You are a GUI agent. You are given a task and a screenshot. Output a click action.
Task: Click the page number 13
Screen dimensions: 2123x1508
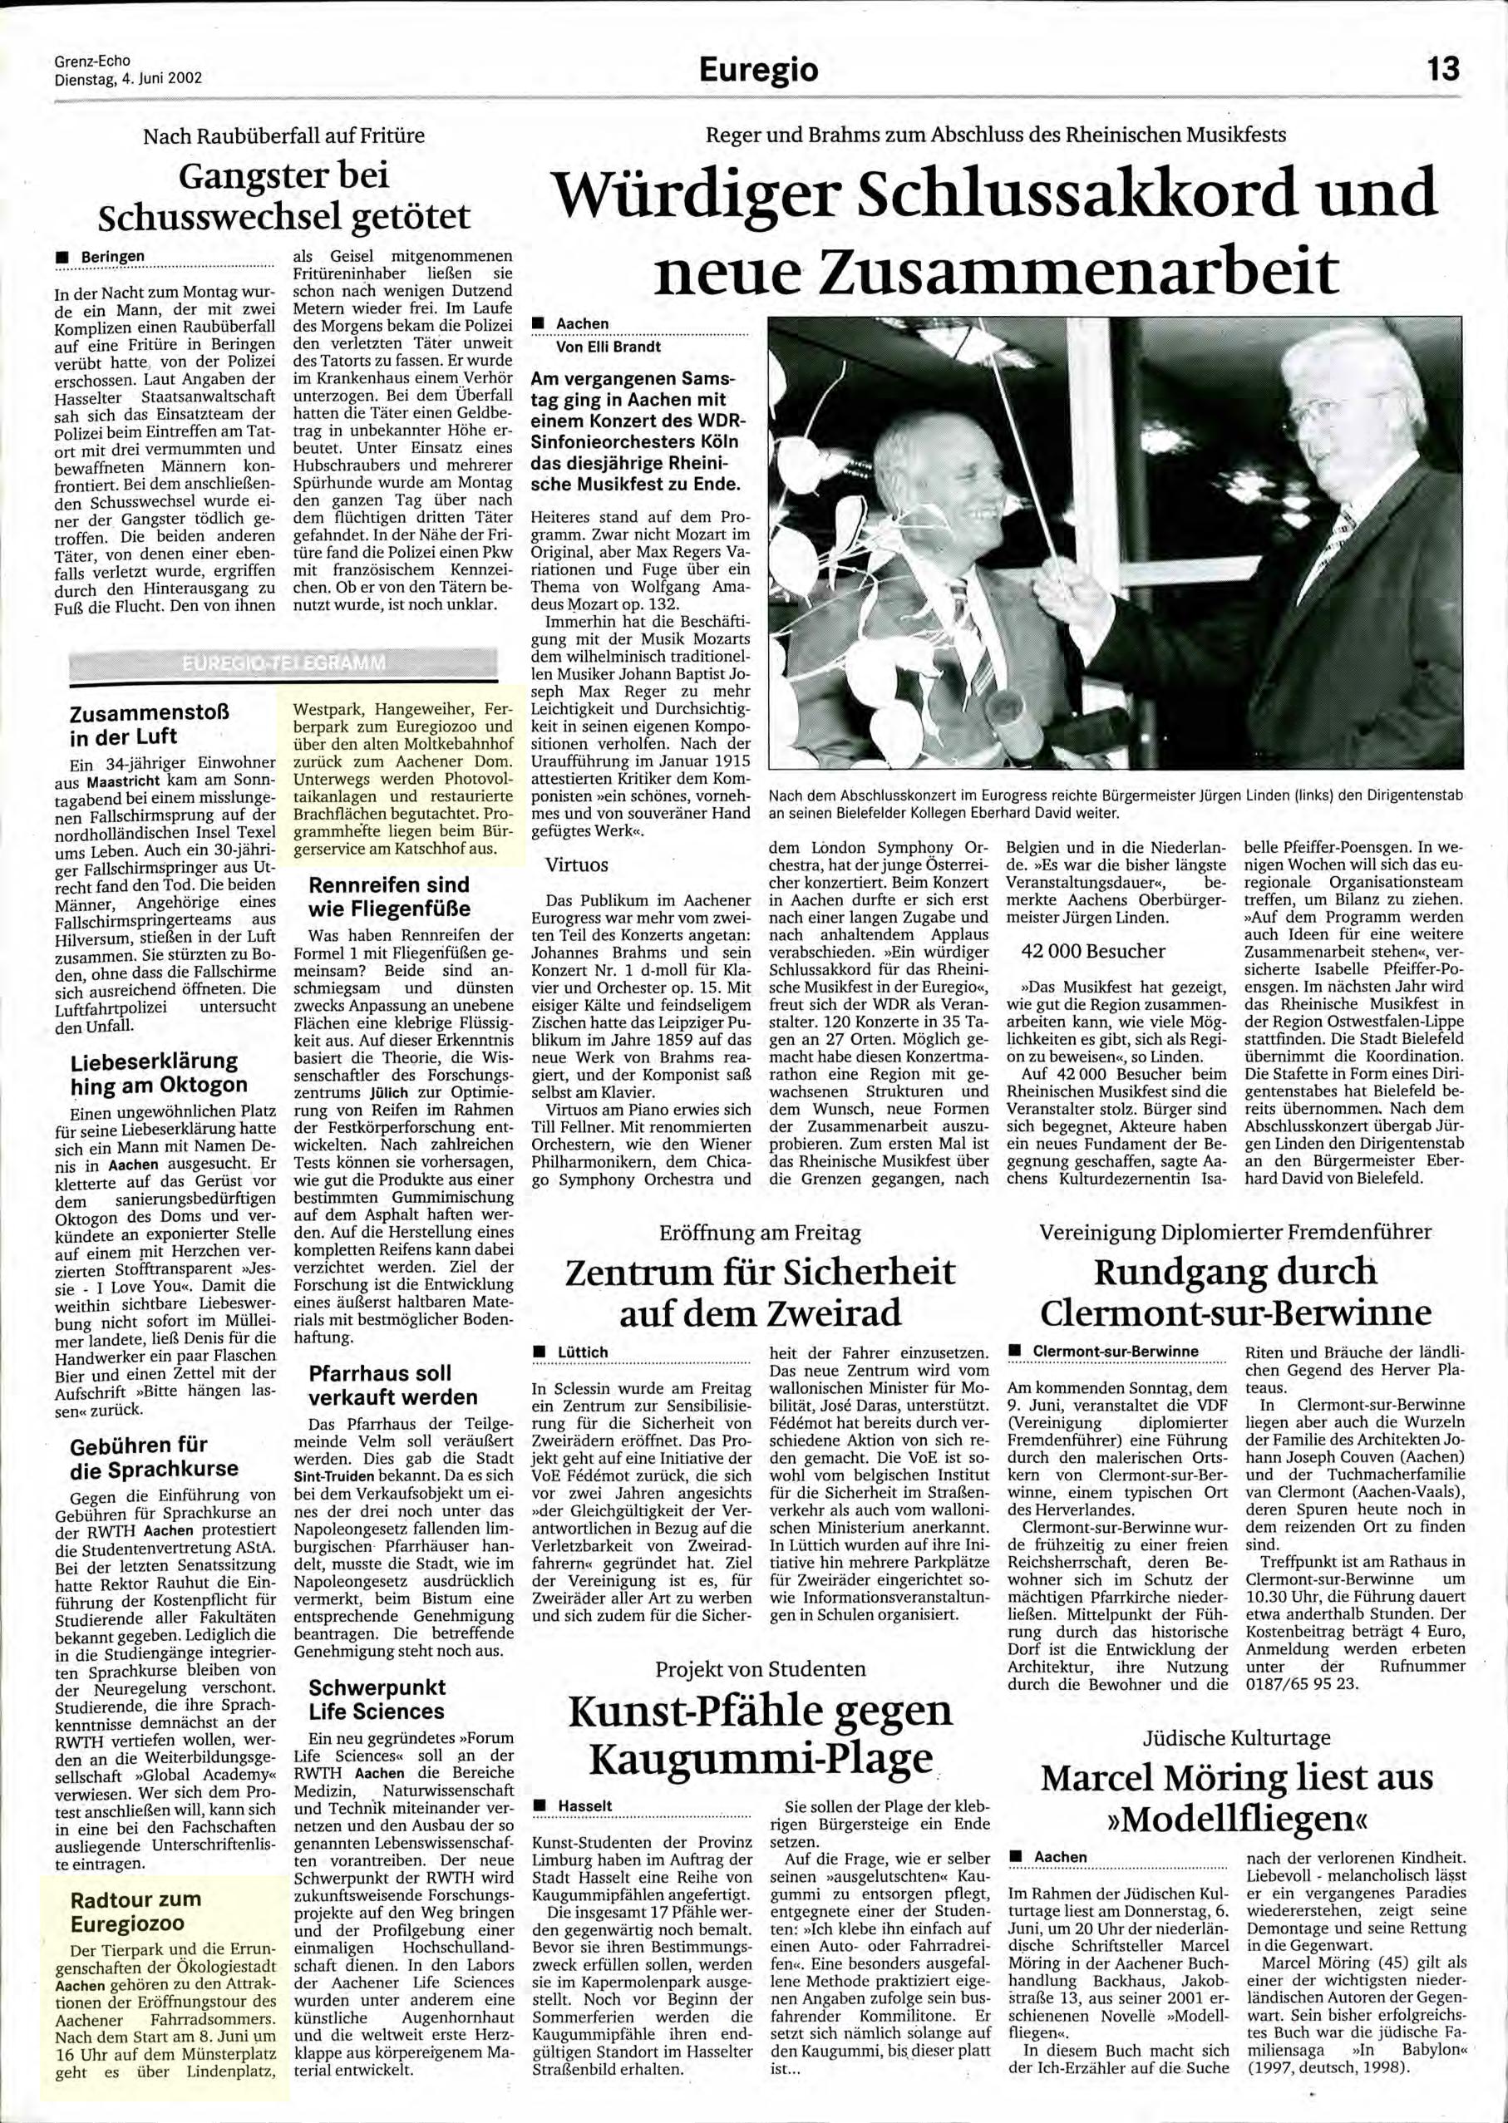coord(1444,69)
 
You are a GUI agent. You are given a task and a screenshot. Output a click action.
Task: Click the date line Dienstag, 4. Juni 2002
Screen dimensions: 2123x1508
coord(128,79)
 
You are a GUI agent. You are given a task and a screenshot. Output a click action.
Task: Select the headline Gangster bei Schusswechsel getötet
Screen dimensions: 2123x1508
coord(283,196)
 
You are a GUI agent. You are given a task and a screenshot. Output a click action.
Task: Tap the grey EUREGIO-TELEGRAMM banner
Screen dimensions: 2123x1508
coord(283,665)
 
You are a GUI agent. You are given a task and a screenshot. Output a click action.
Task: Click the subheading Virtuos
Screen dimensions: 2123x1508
coord(577,864)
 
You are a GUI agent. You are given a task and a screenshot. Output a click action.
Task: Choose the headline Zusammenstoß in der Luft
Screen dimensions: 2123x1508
coord(149,725)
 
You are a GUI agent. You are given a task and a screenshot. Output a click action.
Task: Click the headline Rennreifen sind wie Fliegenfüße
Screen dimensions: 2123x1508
coord(389,896)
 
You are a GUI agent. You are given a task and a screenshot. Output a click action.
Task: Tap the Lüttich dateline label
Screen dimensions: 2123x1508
coord(582,1352)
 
